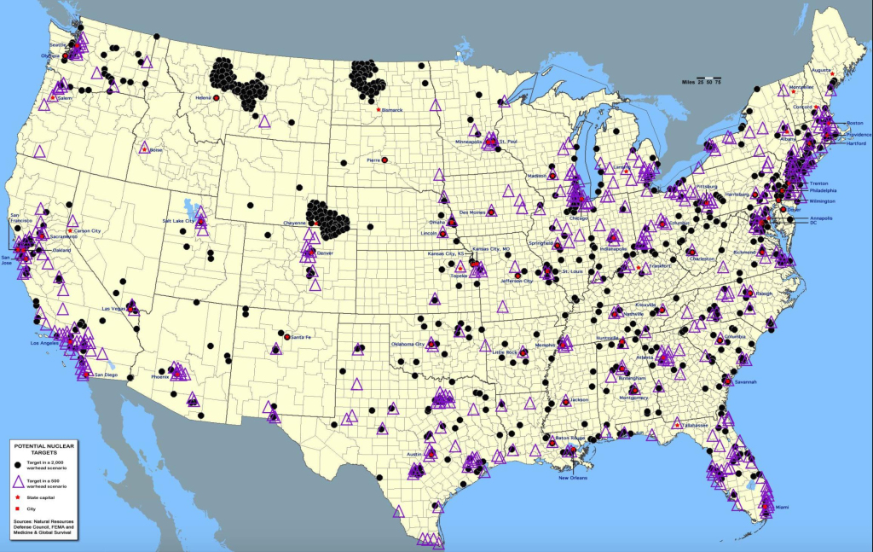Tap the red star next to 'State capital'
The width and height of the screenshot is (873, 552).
coord(20,496)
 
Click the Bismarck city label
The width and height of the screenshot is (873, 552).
coord(392,110)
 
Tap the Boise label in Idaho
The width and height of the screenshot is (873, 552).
coord(156,150)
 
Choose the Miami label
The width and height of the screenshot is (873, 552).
coord(782,508)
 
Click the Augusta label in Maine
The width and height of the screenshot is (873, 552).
coord(822,69)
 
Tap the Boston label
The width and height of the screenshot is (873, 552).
coord(854,124)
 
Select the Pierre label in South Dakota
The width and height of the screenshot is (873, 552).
coord(373,160)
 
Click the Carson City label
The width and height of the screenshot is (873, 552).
coord(89,230)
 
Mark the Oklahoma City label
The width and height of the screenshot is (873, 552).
coord(407,343)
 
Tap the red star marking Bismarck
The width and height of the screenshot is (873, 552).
coord(378,110)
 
